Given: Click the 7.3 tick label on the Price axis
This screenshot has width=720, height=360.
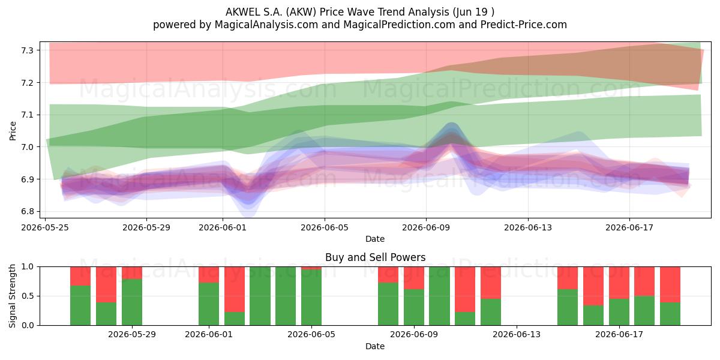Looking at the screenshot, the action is [27, 50].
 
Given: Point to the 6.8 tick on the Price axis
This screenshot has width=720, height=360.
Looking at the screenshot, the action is [27, 211].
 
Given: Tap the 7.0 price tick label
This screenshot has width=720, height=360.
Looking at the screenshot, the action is [27, 147].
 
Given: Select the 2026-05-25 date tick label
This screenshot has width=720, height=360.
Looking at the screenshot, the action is [45, 227].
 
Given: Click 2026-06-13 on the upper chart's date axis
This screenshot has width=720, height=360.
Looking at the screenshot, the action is [528, 227].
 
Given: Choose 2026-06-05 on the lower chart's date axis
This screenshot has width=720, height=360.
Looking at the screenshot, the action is [311, 334].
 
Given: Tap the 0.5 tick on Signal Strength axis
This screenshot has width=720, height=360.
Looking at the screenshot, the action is [27, 296].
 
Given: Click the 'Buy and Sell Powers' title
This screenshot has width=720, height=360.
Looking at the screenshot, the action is [375, 257].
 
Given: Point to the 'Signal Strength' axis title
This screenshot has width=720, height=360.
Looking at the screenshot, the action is [12, 296].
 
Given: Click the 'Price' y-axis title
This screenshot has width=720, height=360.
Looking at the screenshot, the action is [13, 131].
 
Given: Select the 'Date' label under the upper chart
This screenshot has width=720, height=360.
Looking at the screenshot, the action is [375, 239].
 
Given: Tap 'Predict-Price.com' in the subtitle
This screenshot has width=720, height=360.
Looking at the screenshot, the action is [524, 25].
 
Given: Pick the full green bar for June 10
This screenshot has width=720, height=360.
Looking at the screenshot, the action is [439, 296].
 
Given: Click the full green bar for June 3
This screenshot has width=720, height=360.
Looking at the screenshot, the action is [260, 296].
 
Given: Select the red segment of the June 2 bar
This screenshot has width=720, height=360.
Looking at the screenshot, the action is [235, 289].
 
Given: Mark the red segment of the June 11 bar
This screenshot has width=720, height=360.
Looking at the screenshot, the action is [465, 289].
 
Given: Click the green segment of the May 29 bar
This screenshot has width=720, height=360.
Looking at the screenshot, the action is [132, 302].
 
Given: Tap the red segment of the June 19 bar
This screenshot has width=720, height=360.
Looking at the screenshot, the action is [670, 284].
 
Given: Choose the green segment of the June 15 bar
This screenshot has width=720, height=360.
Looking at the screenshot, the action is [568, 307].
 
